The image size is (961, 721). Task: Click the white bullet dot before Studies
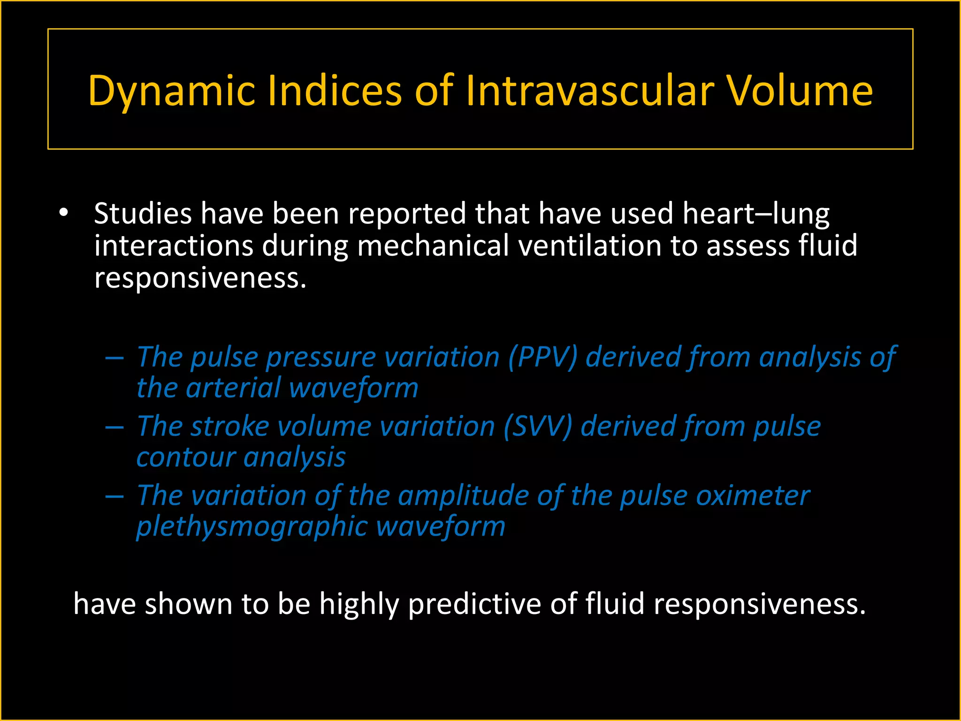coord(64,213)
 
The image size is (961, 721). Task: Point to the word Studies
coord(143,214)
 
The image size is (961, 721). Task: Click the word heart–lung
coord(755,214)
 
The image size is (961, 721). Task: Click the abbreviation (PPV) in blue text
coord(542,357)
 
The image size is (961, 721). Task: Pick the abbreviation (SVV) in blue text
coord(538,427)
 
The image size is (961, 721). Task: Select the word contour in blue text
coord(185,457)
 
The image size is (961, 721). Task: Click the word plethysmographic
coord(252,527)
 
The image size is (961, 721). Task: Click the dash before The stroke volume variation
coord(114,428)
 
